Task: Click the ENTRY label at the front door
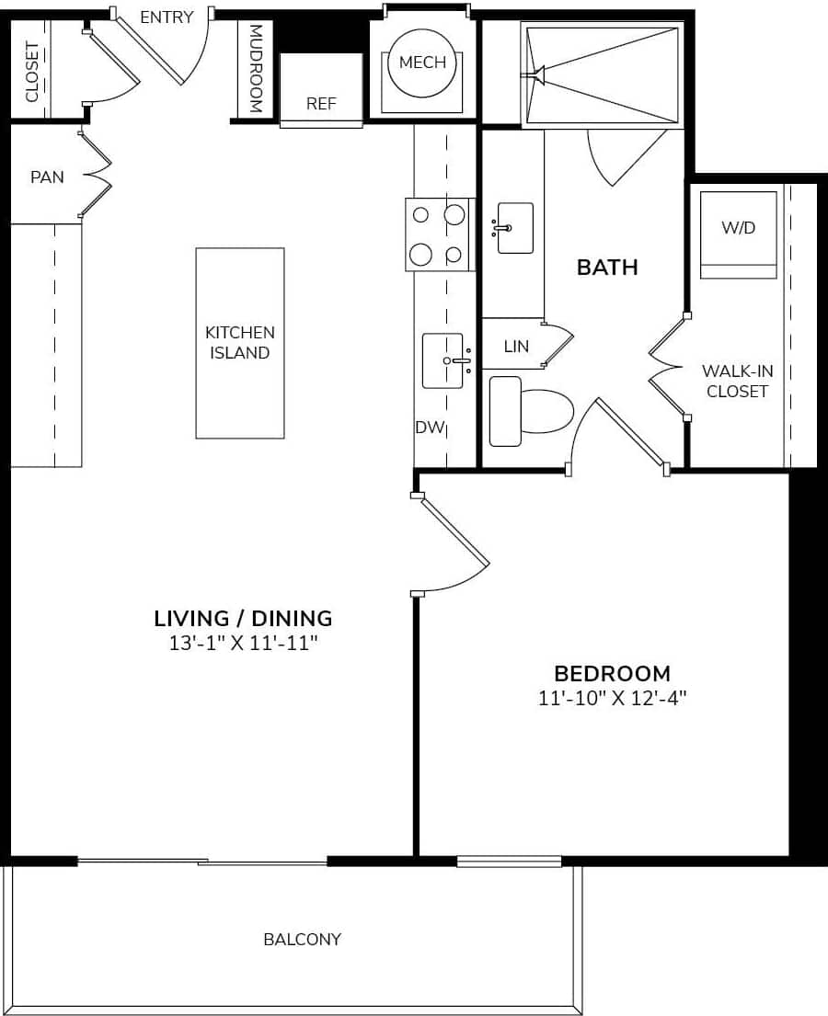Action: pyautogui.click(x=167, y=17)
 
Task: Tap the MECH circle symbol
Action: pyautogui.click(x=422, y=63)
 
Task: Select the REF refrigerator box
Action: pyautogui.click(x=321, y=89)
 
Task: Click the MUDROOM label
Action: pyautogui.click(x=256, y=68)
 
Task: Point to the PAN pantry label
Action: pyautogui.click(x=47, y=177)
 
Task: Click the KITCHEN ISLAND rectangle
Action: pyautogui.click(x=239, y=342)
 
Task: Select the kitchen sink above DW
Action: pyautogui.click(x=443, y=360)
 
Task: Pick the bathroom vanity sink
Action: pyautogui.click(x=515, y=227)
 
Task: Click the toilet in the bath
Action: pyautogui.click(x=531, y=411)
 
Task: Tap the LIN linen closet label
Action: pyautogui.click(x=516, y=347)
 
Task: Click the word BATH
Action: pyautogui.click(x=607, y=268)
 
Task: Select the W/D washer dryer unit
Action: pyautogui.click(x=738, y=234)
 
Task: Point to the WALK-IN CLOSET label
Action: pyautogui.click(x=737, y=381)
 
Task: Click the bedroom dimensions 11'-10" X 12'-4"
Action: pyautogui.click(x=613, y=698)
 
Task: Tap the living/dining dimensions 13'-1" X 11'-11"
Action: pyautogui.click(x=243, y=643)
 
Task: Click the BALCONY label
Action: pyautogui.click(x=302, y=939)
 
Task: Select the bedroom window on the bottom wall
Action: pyautogui.click(x=509, y=862)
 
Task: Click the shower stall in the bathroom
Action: pyautogui.click(x=602, y=74)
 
